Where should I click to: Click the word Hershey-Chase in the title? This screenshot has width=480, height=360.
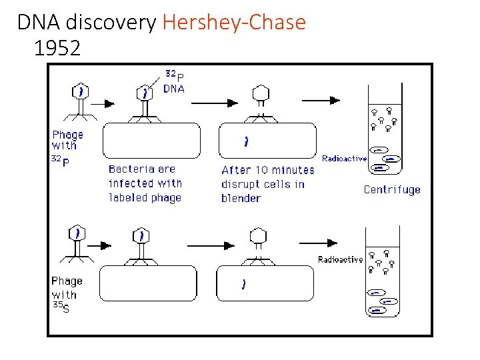coord(233,23)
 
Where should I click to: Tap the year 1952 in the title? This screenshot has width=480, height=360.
coord(56,48)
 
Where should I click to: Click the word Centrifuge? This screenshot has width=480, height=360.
coord(392,189)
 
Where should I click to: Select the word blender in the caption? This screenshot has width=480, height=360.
coord(241,198)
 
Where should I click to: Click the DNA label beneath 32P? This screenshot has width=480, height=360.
coord(174,89)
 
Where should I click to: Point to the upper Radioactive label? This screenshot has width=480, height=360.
coord(344,159)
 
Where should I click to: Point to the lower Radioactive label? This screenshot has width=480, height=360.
coord(340,259)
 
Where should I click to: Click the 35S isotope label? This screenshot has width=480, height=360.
coord(61,308)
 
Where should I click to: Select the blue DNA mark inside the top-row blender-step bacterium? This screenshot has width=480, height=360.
coord(247,141)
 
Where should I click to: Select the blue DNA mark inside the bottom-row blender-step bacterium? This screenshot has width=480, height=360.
coord(243,284)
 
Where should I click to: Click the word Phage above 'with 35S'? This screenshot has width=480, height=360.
coord(67,281)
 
